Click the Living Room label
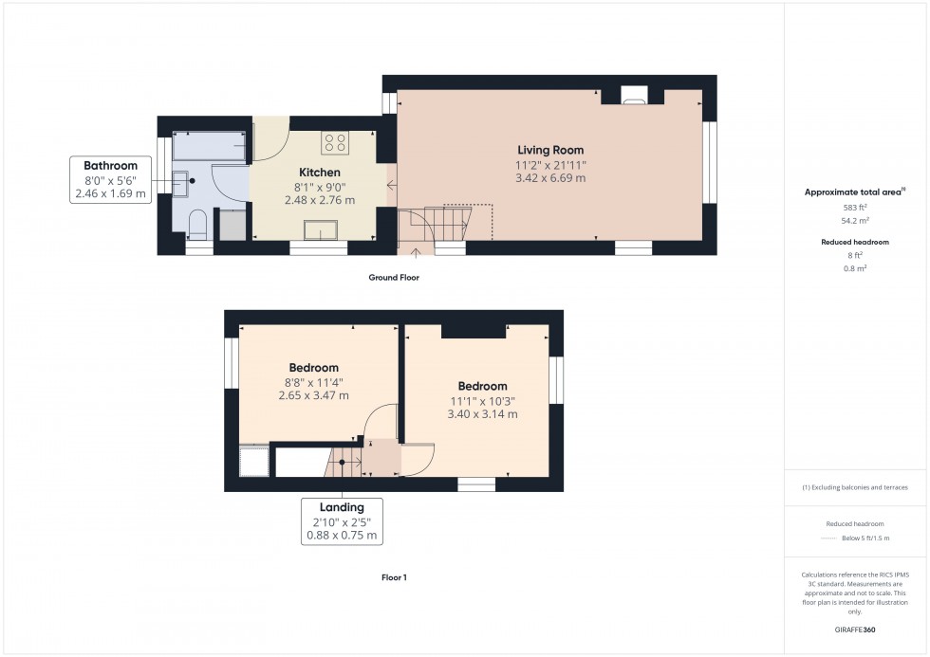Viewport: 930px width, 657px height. pos(550,151)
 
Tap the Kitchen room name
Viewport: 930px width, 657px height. pos(320,173)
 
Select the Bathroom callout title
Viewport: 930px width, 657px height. pos(110,166)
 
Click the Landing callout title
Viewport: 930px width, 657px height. pos(342,507)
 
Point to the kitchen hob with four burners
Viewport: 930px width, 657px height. pos(335,143)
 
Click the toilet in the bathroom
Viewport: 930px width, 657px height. pos(197,225)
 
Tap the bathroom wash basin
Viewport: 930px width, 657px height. pos(181,183)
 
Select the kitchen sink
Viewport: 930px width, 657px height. pos(321,230)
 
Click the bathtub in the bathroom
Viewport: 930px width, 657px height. pos(210,146)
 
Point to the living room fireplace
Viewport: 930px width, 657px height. pos(634,95)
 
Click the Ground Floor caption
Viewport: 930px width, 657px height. pos(394,277)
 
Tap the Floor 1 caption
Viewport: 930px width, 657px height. pos(394,577)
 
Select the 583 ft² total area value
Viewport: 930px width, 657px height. pos(855,208)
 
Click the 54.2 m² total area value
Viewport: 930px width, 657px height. pos(855,220)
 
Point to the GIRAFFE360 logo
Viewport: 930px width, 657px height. pos(855,630)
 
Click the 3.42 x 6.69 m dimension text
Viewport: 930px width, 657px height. pos(550,177)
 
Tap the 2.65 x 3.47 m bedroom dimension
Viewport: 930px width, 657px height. pos(314,395)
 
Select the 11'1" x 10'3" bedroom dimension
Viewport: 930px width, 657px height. pos(482,401)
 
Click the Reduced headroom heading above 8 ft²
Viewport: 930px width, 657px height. pos(855,242)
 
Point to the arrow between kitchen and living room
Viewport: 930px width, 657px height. pos(391,186)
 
